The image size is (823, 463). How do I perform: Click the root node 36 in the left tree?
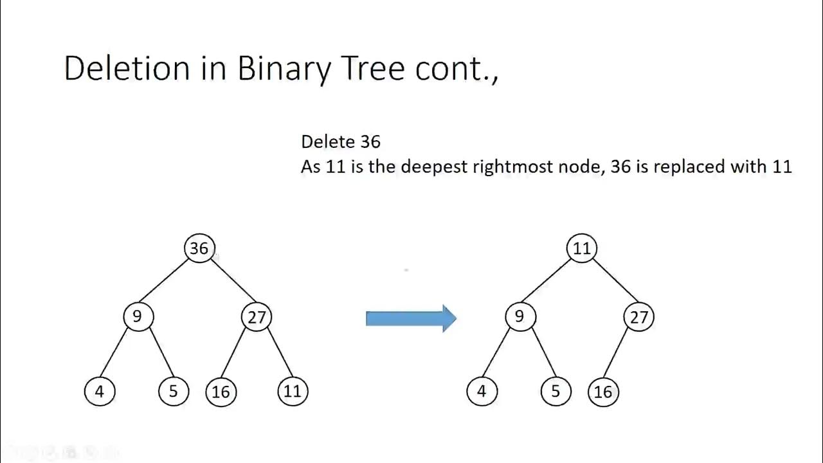pos(199,248)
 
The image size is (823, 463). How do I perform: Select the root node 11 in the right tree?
pos(582,248)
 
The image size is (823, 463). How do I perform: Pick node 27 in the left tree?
pos(257,317)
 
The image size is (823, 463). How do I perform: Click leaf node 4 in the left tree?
pos(100,392)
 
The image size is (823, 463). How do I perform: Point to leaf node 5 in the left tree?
pos(174,392)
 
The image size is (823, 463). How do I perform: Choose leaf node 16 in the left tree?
pos(221,392)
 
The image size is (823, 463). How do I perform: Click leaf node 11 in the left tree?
pos(293,391)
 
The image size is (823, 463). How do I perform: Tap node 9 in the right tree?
pos(520,316)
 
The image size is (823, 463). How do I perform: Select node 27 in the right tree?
pos(638,317)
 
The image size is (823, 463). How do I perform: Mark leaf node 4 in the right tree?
pos(482,392)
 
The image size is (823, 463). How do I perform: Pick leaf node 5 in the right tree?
pos(556,392)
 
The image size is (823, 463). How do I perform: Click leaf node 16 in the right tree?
pos(603,392)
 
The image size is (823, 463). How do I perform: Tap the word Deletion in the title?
pos(127,68)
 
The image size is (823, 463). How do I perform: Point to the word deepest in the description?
pos(434,167)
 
